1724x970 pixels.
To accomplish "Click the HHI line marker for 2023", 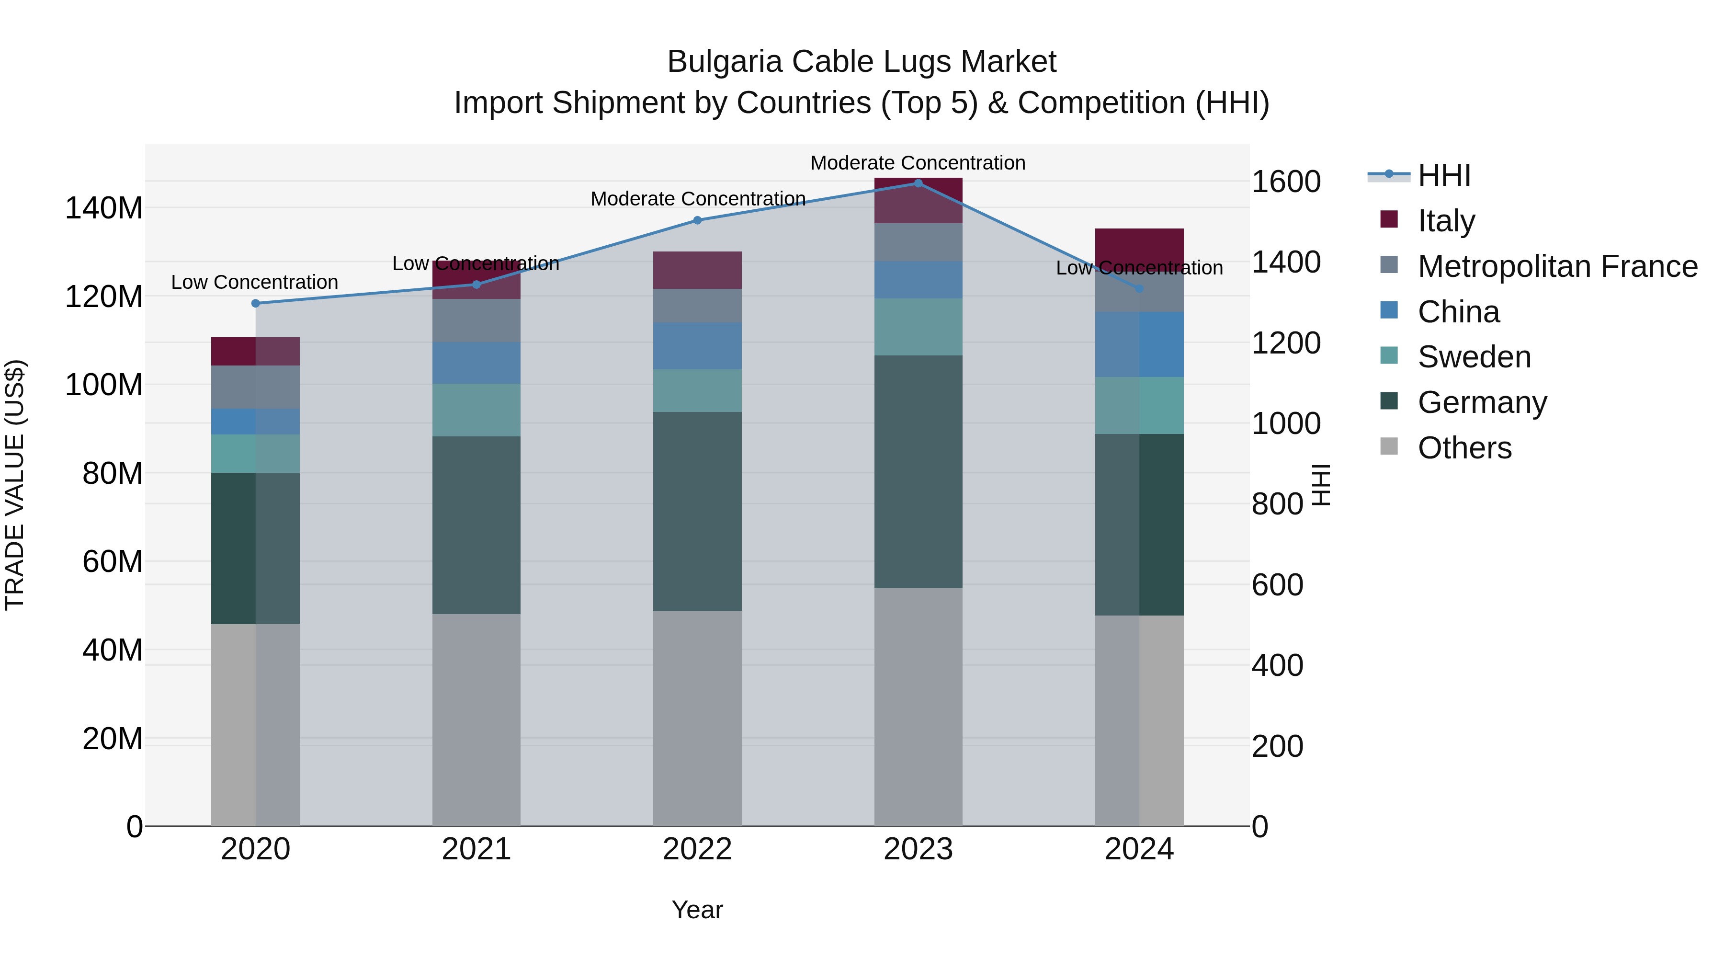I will point(918,183).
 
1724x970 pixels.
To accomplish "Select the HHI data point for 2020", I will point(255,303).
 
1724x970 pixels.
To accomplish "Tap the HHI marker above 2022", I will point(697,220).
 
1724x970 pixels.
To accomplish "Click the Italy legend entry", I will point(1446,221).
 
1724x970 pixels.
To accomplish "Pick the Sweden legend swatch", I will point(1389,355).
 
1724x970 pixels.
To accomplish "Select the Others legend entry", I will point(1464,448).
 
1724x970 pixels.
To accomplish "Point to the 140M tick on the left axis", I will point(104,208).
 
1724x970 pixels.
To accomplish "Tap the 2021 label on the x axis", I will point(476,849).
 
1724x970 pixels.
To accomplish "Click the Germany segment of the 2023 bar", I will point(918,472).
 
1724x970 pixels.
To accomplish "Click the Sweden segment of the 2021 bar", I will point(476,410).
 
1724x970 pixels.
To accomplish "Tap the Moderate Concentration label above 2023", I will point(918,163).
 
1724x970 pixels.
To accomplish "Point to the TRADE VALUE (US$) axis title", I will point(15,485).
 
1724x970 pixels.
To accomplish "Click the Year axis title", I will point(697,910).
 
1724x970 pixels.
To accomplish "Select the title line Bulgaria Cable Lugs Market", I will point(862,62).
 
